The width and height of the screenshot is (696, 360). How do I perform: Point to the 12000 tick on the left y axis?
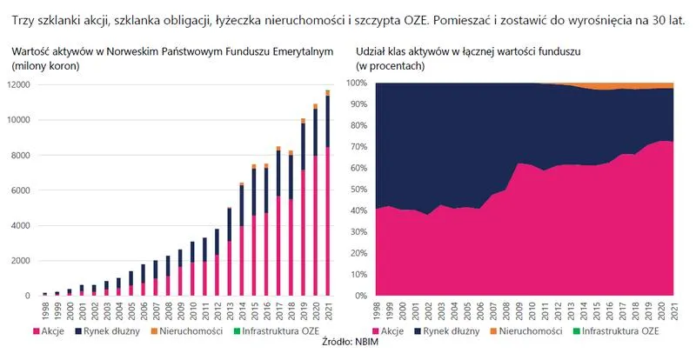[x=19, y=84]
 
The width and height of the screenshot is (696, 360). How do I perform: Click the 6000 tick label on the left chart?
[x=22, y=190]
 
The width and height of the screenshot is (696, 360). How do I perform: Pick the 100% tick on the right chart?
[x=356, y=83]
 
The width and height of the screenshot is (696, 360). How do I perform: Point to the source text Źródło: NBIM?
[x=348, y=347]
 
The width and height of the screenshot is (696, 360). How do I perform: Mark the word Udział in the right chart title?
[x=372, y=52]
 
